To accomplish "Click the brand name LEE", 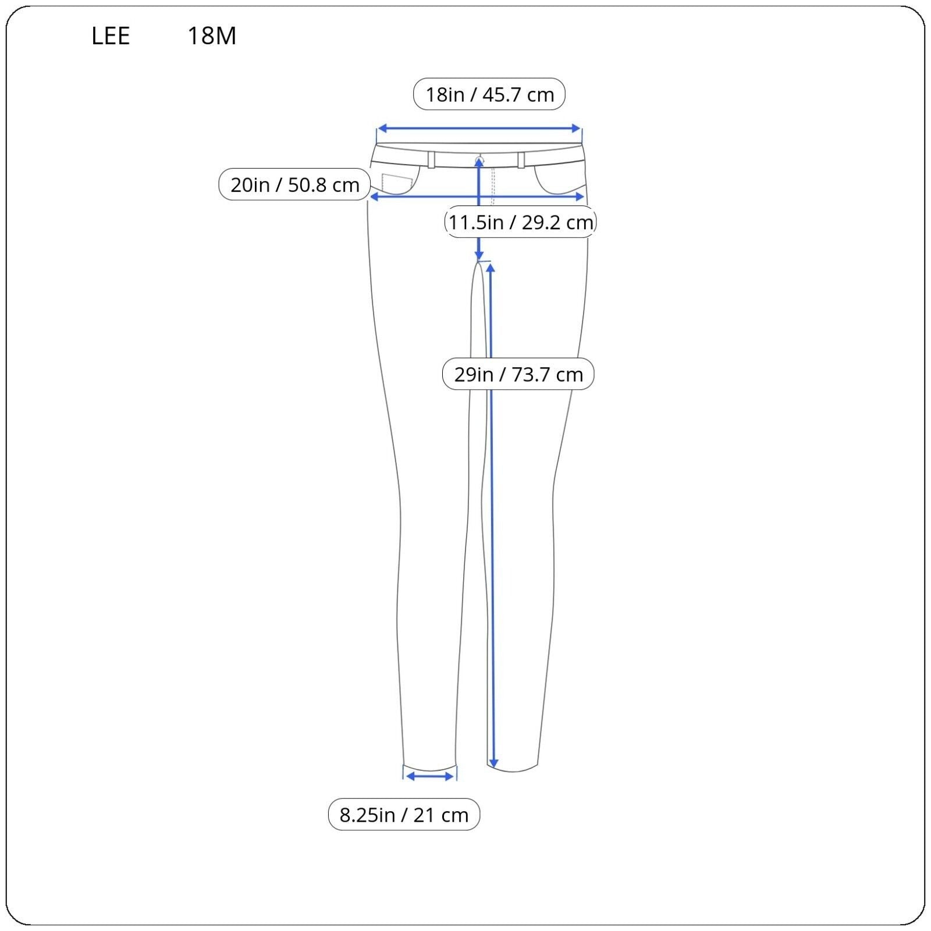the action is [x=111, y=36].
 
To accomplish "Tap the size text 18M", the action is [x=212, y=36].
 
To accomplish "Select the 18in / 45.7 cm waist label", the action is [x=489, y=94].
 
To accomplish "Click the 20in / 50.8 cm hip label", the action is [x=294, y=184].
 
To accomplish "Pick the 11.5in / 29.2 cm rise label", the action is [x=521, y=222].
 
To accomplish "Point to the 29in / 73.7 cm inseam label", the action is [x=518, y=374].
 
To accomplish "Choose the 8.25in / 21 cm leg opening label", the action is [x=404, y=814].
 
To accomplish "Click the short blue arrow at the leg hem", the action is [x=430, y=776].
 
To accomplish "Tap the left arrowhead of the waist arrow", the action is [x=382, y=129].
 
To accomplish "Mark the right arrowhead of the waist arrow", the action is [x=576, y=129].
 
